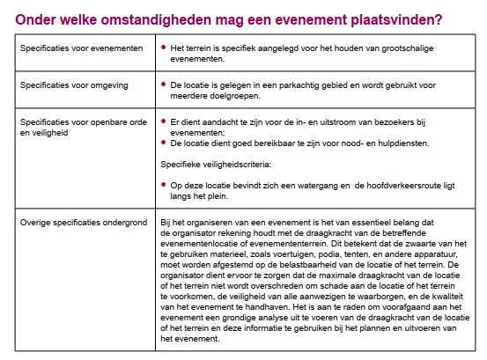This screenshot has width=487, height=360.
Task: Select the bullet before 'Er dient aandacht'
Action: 165,121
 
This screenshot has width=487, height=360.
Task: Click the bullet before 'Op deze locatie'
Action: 165,184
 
